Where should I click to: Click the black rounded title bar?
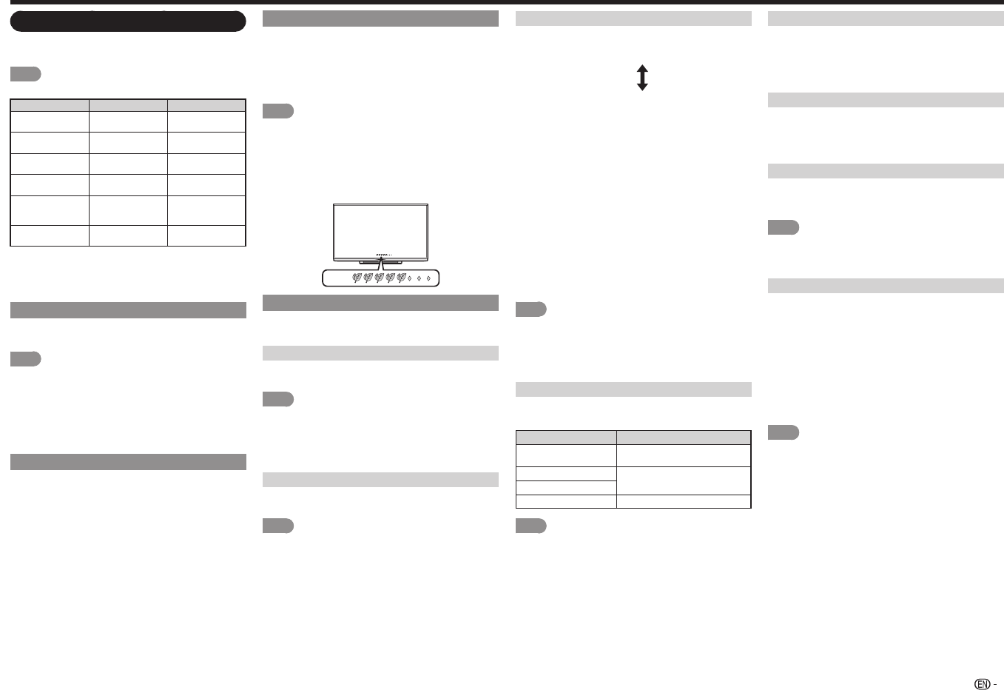coord(127,21)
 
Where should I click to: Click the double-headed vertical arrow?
coord(642,77)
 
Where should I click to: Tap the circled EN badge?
coord(982,684)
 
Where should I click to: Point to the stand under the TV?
coord(380,261)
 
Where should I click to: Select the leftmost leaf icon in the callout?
coord(357,278)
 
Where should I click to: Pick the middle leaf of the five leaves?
coord(379,278)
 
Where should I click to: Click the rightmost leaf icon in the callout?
coord(401,278)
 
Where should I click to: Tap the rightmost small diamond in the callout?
coord(428,278)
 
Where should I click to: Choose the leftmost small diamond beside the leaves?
coord(410,278)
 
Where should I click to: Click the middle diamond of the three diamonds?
coord(419,278)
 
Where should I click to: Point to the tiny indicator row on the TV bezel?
coord(383,255)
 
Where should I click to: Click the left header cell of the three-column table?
coord(50,105)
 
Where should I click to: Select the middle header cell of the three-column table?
coord(128,105)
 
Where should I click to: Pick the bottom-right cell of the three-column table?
coord(206,235)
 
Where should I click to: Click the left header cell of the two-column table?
coord(566,437)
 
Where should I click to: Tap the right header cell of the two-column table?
coord(684,437)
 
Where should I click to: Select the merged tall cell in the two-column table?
coord(684,480)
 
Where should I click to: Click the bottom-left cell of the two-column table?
coord(566,501)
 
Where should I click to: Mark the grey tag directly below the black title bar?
coord(25,74)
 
